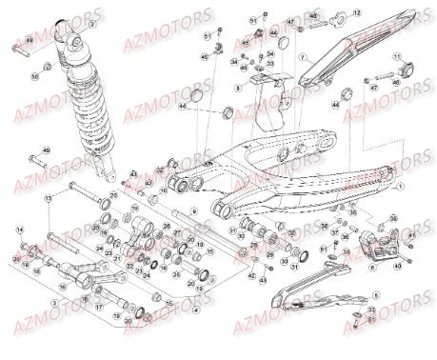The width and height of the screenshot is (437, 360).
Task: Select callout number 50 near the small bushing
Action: [x=35, y=74]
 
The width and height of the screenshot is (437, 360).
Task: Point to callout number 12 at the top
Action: [x=357, y=11]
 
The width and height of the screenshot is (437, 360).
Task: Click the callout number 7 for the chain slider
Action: [x=303, y=57]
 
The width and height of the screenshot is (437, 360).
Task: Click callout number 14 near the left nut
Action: [x=19, y=230]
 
